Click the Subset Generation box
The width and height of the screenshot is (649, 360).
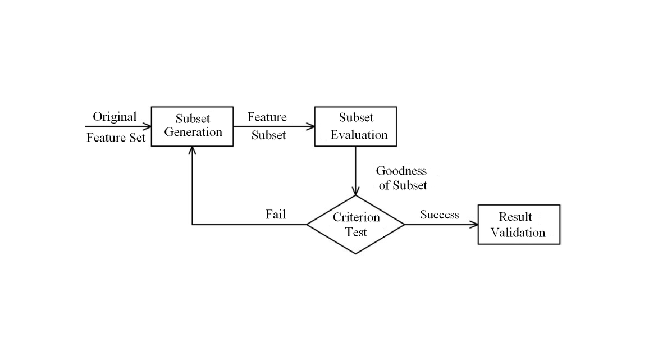pos(193,126)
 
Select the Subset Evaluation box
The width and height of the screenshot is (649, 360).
pos(355,126)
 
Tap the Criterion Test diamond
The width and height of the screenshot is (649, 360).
pos(356,225)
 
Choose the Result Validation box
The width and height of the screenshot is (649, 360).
pos(518,225)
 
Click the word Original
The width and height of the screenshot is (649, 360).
pos(115,117)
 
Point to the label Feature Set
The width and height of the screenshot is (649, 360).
pos(116,137)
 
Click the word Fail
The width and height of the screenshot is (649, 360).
pos(276,215)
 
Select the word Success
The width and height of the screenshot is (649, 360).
pos(439,215)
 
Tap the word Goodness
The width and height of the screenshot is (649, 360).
pos(401,171)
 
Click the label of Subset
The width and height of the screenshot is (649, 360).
pos(403,185)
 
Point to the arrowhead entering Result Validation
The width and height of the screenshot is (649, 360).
pos(474,225)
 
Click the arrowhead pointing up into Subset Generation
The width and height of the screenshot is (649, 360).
pos(193,150)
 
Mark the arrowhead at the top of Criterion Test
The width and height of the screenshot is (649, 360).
pos(356,192)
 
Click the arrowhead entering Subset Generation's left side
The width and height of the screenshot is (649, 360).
pos(148,126)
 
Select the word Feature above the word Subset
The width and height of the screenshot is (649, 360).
pos(267,117)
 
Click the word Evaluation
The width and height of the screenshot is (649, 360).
pos(359,135)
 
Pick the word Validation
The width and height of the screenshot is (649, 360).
pos(518,233)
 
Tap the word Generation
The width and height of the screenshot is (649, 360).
pos(193,133)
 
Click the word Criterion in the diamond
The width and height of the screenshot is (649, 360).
pos(357,217)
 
